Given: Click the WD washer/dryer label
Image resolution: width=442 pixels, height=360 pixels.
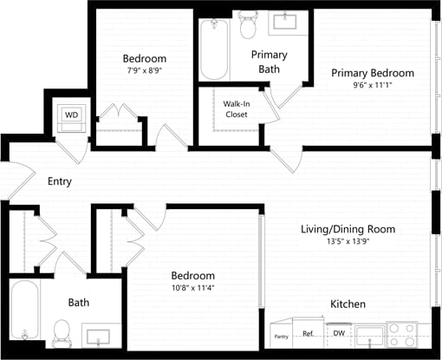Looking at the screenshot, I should pyautogui.click(x=71, y=115).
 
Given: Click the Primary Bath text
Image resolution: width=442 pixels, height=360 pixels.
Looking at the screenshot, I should pyautogui.click(x=269, y=62).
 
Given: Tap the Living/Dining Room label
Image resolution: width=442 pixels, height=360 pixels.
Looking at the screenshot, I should pyautogui.click(x=348, y=229).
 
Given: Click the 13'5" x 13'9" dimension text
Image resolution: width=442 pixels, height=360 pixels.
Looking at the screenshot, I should pyautogui.click(x=348, y=243).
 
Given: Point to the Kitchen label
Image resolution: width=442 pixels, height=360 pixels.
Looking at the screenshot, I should pyautogui.click(x=348, y=304).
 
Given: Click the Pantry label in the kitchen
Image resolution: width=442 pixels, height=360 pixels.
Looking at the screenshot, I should pyautogui.click(x=281, y=336).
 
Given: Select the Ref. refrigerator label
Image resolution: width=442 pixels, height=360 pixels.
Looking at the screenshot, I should pyautogui.click(x=309, y=334).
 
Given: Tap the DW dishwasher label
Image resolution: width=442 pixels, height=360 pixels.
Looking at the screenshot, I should pyautogui.click(x=339, y=334).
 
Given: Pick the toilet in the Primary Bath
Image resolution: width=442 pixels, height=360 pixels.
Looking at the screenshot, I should pyautogui.click(x=249, y=26).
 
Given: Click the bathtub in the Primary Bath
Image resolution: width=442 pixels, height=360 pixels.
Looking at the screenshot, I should pyautogui.click(x=212, y=49).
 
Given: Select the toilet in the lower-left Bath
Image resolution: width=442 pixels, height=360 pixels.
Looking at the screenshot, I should pyautogui.click(x=61, y=331).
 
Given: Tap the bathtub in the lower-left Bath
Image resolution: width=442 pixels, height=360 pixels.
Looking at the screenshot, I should pyautogui.click(x=25, y=315).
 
